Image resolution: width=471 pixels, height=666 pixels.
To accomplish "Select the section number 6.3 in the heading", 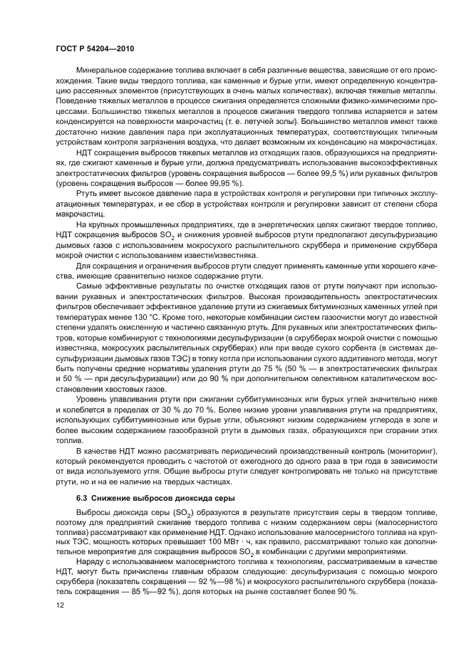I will pyautogui.click(x=82, y=496).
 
